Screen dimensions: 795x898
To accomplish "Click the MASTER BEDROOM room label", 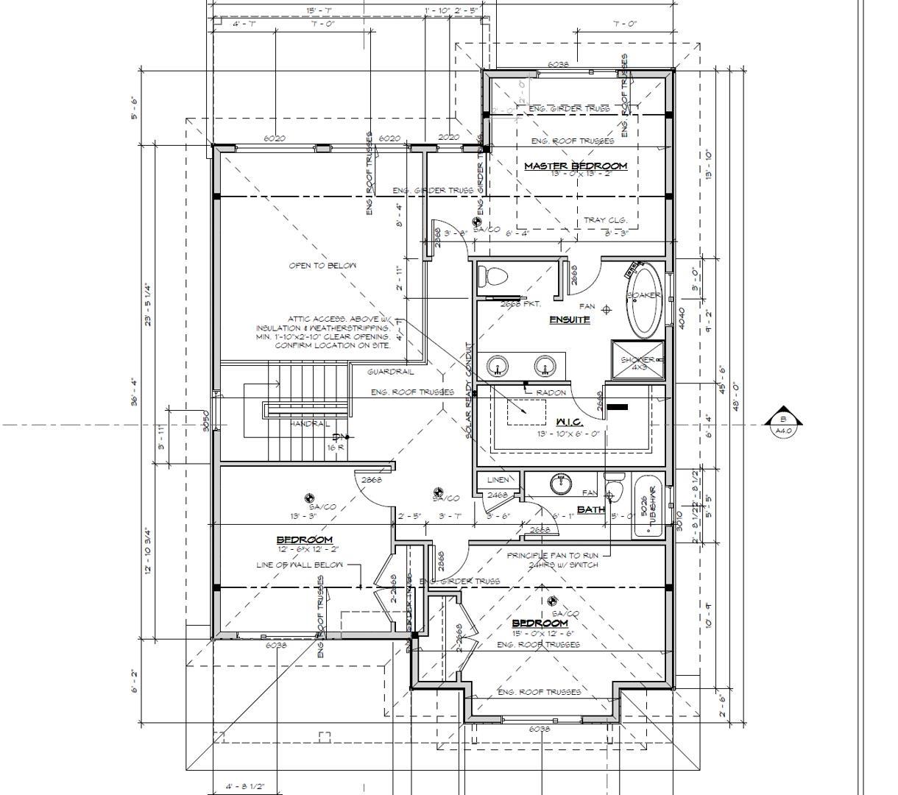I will [575, 166].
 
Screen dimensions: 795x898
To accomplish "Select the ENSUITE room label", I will [569, 319].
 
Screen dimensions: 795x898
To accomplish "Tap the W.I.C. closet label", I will [569, 422].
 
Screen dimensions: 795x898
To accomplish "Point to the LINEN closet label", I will [498, 480].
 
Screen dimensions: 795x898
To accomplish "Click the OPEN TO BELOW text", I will [322, 266].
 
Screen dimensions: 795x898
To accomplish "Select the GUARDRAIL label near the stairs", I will [391, 372].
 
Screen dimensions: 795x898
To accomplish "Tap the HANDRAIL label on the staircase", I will [309, 424].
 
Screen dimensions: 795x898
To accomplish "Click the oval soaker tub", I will [646, 301].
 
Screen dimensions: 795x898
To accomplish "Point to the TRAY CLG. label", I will [605, 220].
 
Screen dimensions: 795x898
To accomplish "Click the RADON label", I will [551, 392].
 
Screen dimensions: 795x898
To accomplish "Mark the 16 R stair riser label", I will [336, 447].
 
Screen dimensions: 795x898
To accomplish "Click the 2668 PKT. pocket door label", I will [520, 303].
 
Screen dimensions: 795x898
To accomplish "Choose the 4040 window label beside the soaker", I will [682, 319].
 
